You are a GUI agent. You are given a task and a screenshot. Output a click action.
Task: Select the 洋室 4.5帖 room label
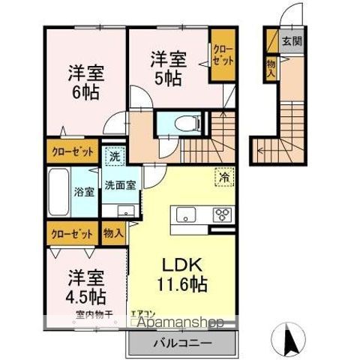pyautogui.click(x=84, y=285)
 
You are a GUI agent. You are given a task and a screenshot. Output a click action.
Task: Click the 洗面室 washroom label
pyautogui.click(x=119, y=184)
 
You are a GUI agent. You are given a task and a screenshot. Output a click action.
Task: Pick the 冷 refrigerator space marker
pyautogui.click(x=223, y=177)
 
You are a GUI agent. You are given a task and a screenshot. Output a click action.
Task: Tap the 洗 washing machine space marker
pyautogui.click(x=115, y=157)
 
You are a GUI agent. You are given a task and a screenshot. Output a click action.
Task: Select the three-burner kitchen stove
pyautogui.click(x=223, y=214)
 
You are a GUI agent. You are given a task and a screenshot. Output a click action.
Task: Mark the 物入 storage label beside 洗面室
pyautogui.click(x=113, y=233)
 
